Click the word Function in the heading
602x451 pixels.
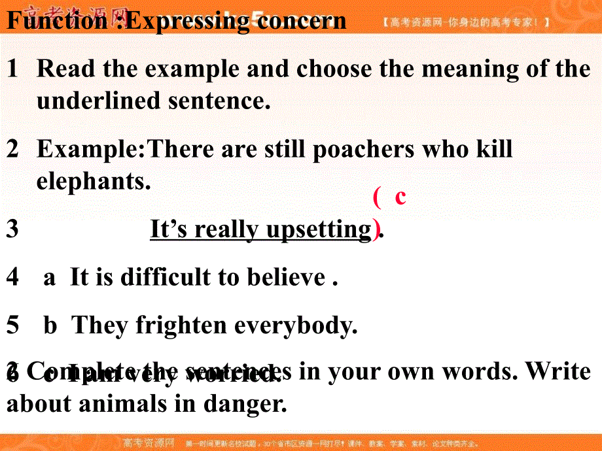click(55, 21)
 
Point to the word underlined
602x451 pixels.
click(98, 101)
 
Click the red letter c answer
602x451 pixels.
click(400, 196)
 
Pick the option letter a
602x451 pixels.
click(49, 278)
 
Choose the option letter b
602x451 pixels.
click(50, 326)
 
